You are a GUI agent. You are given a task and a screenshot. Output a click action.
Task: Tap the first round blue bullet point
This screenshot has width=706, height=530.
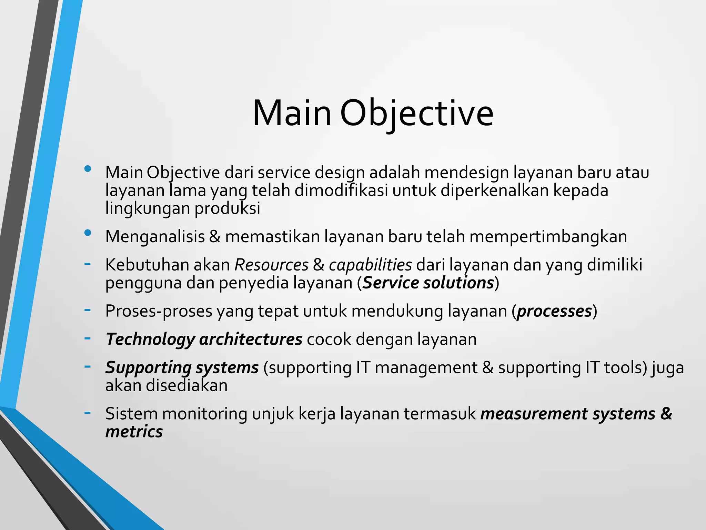[88, 169]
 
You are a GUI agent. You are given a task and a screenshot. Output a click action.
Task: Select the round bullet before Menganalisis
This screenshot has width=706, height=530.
[88, 233]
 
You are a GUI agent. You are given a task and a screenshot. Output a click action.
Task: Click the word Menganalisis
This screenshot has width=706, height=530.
[155, 237]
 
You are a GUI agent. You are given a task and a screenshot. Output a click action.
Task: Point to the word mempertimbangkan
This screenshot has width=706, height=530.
[548, 237]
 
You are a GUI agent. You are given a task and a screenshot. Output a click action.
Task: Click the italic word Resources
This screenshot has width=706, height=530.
[271, 265]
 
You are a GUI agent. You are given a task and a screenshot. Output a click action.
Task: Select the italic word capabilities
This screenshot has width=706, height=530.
[370, 265]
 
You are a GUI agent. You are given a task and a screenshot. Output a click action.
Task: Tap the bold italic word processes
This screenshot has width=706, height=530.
[554, 311]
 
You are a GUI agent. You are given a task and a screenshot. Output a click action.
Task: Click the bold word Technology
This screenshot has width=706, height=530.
[150, 340]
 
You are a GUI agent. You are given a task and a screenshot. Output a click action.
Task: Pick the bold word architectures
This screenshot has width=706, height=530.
[251, 340]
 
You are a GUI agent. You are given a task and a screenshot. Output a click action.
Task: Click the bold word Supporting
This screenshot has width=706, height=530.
[148, 368]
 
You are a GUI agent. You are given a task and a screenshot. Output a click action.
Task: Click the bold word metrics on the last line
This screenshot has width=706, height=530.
[134, 432]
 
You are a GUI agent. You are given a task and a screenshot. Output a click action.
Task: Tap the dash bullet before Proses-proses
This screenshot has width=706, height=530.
[88, 310]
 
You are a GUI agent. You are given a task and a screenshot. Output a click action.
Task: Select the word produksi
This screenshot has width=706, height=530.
[227, 208]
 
